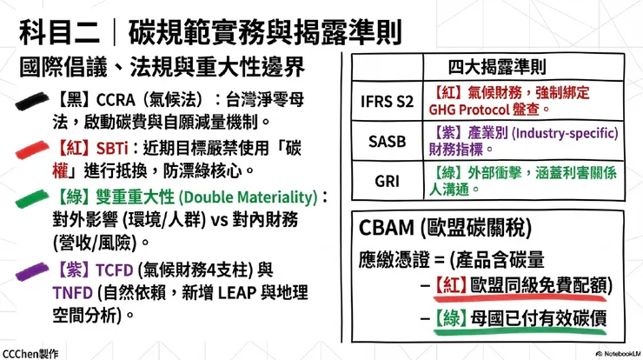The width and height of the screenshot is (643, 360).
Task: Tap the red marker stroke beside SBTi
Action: (33, 150)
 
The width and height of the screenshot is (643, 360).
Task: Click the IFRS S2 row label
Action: (387, 101)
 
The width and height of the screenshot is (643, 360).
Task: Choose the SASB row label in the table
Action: (387, 141)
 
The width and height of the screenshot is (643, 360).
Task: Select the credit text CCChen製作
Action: (30, 353)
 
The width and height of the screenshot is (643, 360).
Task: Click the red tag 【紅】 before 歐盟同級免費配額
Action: (452, 284)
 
